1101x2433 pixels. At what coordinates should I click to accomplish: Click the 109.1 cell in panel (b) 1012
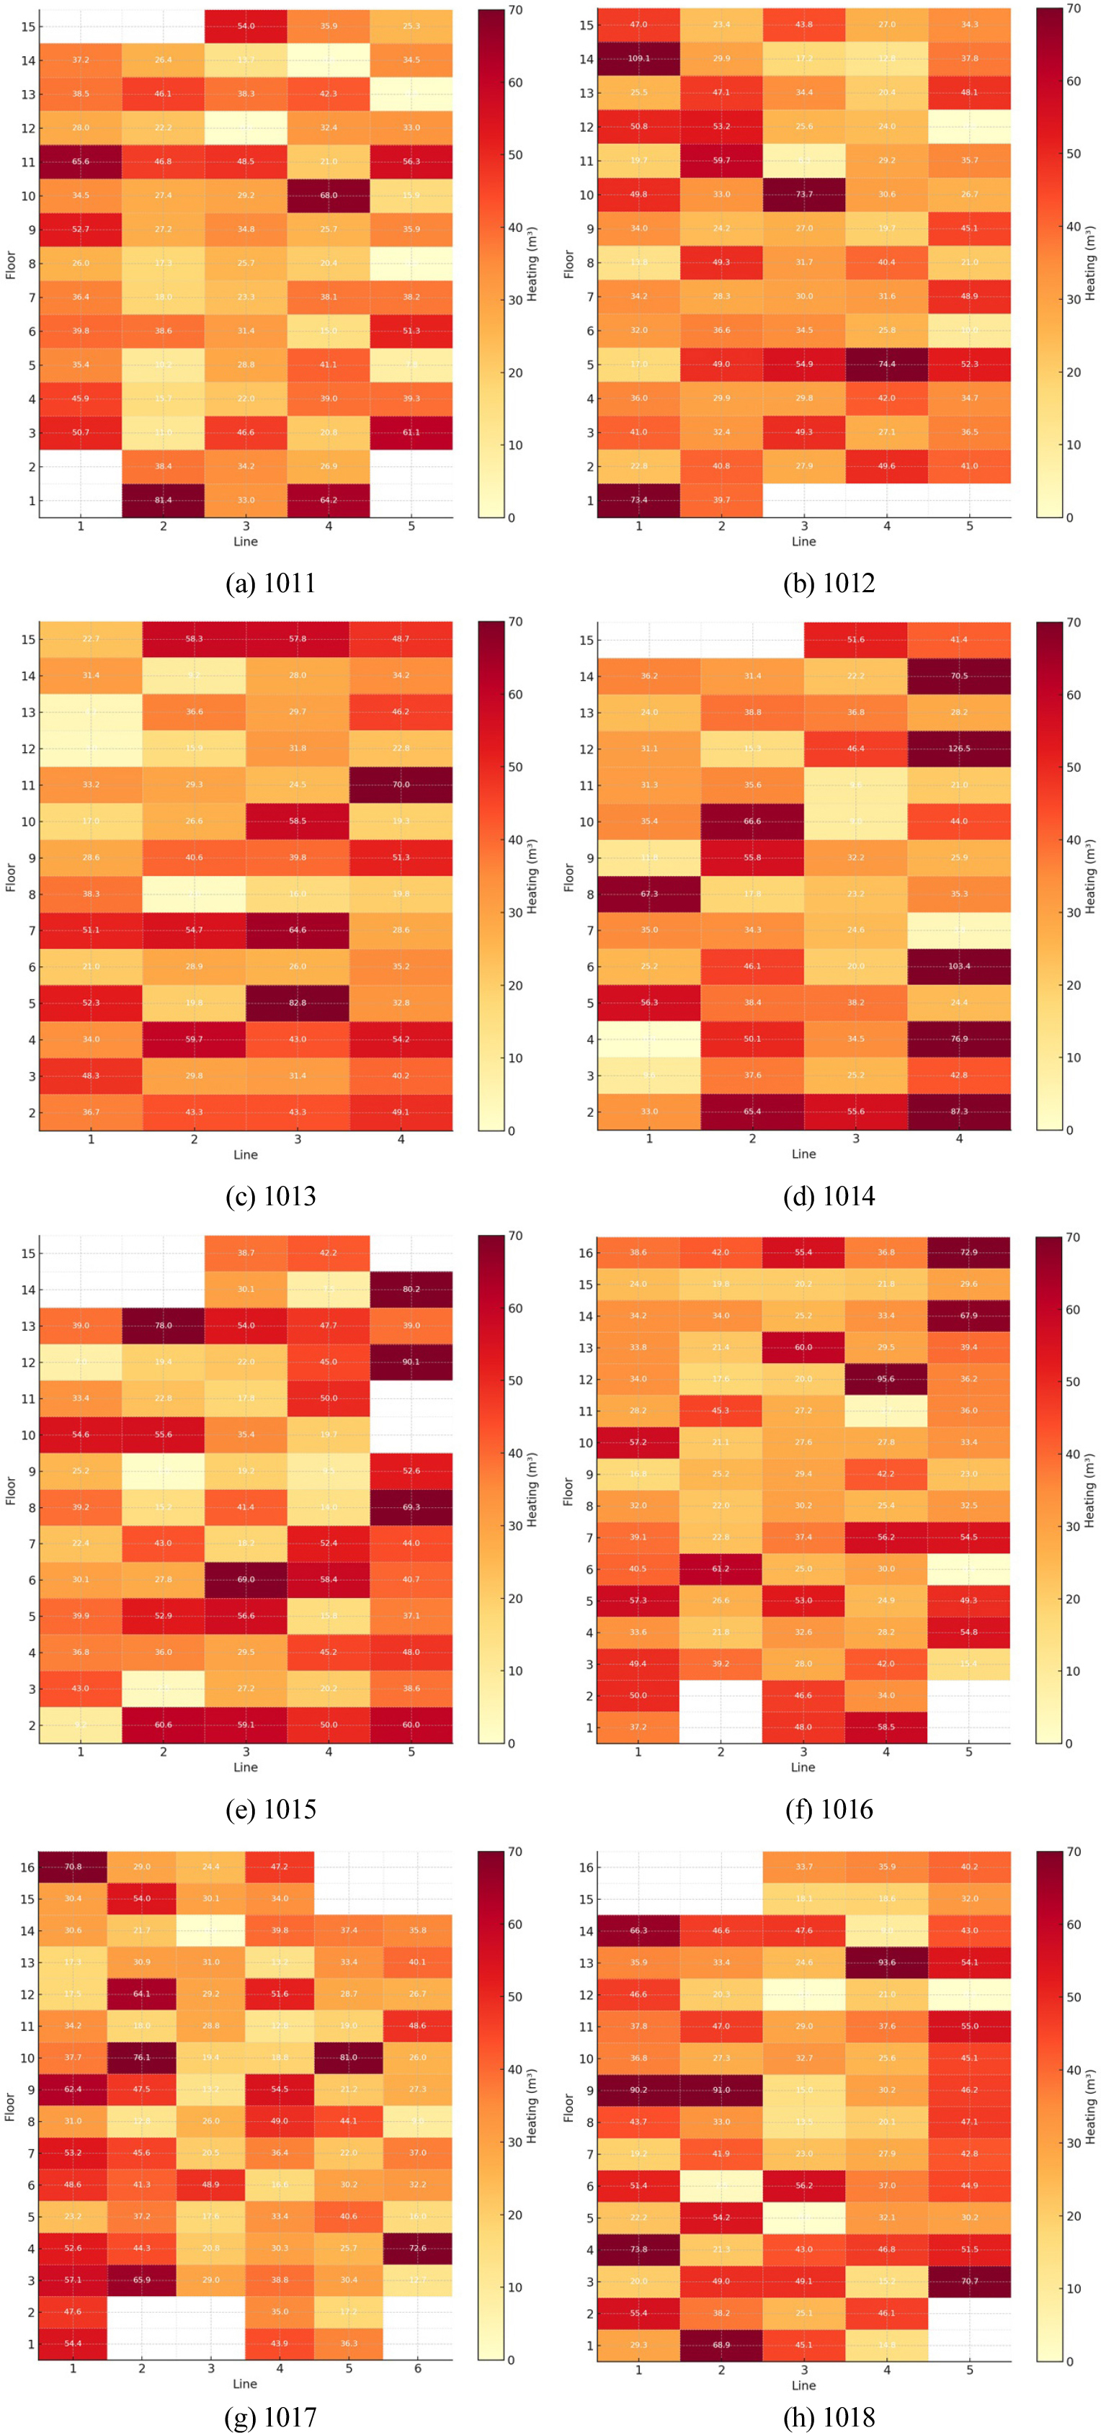point(638,58)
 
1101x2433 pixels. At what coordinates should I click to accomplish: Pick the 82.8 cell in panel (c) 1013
point(298,1002)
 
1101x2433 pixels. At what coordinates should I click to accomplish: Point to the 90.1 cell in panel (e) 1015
point(411,1361)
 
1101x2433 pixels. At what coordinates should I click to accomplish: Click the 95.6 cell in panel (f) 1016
point(886,1378)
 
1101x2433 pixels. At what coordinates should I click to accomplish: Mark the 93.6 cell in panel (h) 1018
point(886,1962)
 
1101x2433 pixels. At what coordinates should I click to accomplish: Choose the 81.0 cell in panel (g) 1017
point(349,2057)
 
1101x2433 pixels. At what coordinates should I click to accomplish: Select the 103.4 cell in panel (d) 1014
point(958,966)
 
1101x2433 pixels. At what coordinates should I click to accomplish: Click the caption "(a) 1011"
point(270,583)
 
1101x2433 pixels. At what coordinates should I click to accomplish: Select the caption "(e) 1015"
point(270,1808)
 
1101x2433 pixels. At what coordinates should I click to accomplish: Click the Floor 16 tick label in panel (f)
point(585,1252)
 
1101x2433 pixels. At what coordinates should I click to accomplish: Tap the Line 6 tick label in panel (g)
point(417,2368)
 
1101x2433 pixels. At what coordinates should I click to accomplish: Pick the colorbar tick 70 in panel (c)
point(516,622)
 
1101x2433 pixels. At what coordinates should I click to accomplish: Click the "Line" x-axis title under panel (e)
point(246,1767)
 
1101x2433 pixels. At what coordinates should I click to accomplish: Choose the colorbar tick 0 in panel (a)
point(512,517)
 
